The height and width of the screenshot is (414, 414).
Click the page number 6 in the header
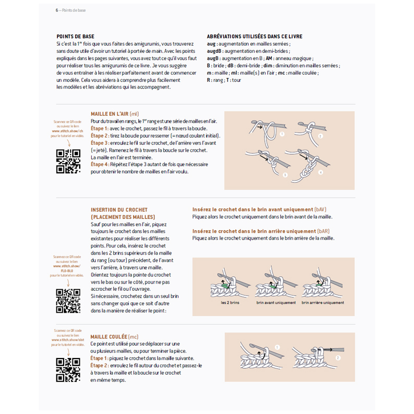coord(57,10)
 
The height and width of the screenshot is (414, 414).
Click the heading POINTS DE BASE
coord(76,37)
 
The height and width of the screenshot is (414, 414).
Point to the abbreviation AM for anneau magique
coord(270,58)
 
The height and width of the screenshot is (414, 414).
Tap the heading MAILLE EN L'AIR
coord(110,114)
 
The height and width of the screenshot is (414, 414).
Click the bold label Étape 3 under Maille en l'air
coord(99,143)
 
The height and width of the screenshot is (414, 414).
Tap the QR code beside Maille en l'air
coord(68,161)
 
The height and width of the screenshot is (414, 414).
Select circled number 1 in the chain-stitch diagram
coord(282,134)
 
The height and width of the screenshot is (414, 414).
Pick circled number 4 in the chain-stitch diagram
coord(320,172)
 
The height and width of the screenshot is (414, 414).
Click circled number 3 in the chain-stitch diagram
coord(285,175)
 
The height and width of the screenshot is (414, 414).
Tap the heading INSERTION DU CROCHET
coord(115,209)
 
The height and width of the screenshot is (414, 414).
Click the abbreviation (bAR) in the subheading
coord(323,231)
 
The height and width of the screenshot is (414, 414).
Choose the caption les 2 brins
coord(230,303)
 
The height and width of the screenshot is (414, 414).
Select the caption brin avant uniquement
coord(276,303)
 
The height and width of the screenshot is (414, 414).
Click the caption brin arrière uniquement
coord(323,303)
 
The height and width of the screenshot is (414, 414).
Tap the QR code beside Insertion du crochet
coord(68,300)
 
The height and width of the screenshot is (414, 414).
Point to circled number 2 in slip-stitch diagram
coord(338,357)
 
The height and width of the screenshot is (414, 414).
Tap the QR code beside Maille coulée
coord(68,369)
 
